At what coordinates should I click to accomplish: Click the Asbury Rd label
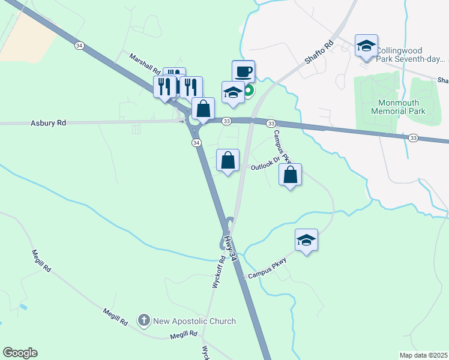coord(47,122)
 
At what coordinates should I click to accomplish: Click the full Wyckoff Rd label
coord(217,271)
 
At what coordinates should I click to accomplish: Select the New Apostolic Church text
coord(194,321)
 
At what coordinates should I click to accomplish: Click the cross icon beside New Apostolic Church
coord(143,320)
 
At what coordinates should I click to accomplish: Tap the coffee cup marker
coord(243,72)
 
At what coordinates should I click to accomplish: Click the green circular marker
coord(248,91)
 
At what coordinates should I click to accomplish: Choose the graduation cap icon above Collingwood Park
coord(366,46)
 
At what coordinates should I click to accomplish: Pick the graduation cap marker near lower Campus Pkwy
coord(306,240)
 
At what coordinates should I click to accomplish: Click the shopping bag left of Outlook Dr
coord(228,160)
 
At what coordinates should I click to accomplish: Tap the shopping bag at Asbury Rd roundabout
coord(203,109)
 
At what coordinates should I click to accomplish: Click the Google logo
coord(20,353)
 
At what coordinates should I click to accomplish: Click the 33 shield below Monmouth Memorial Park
coord(414,138)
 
